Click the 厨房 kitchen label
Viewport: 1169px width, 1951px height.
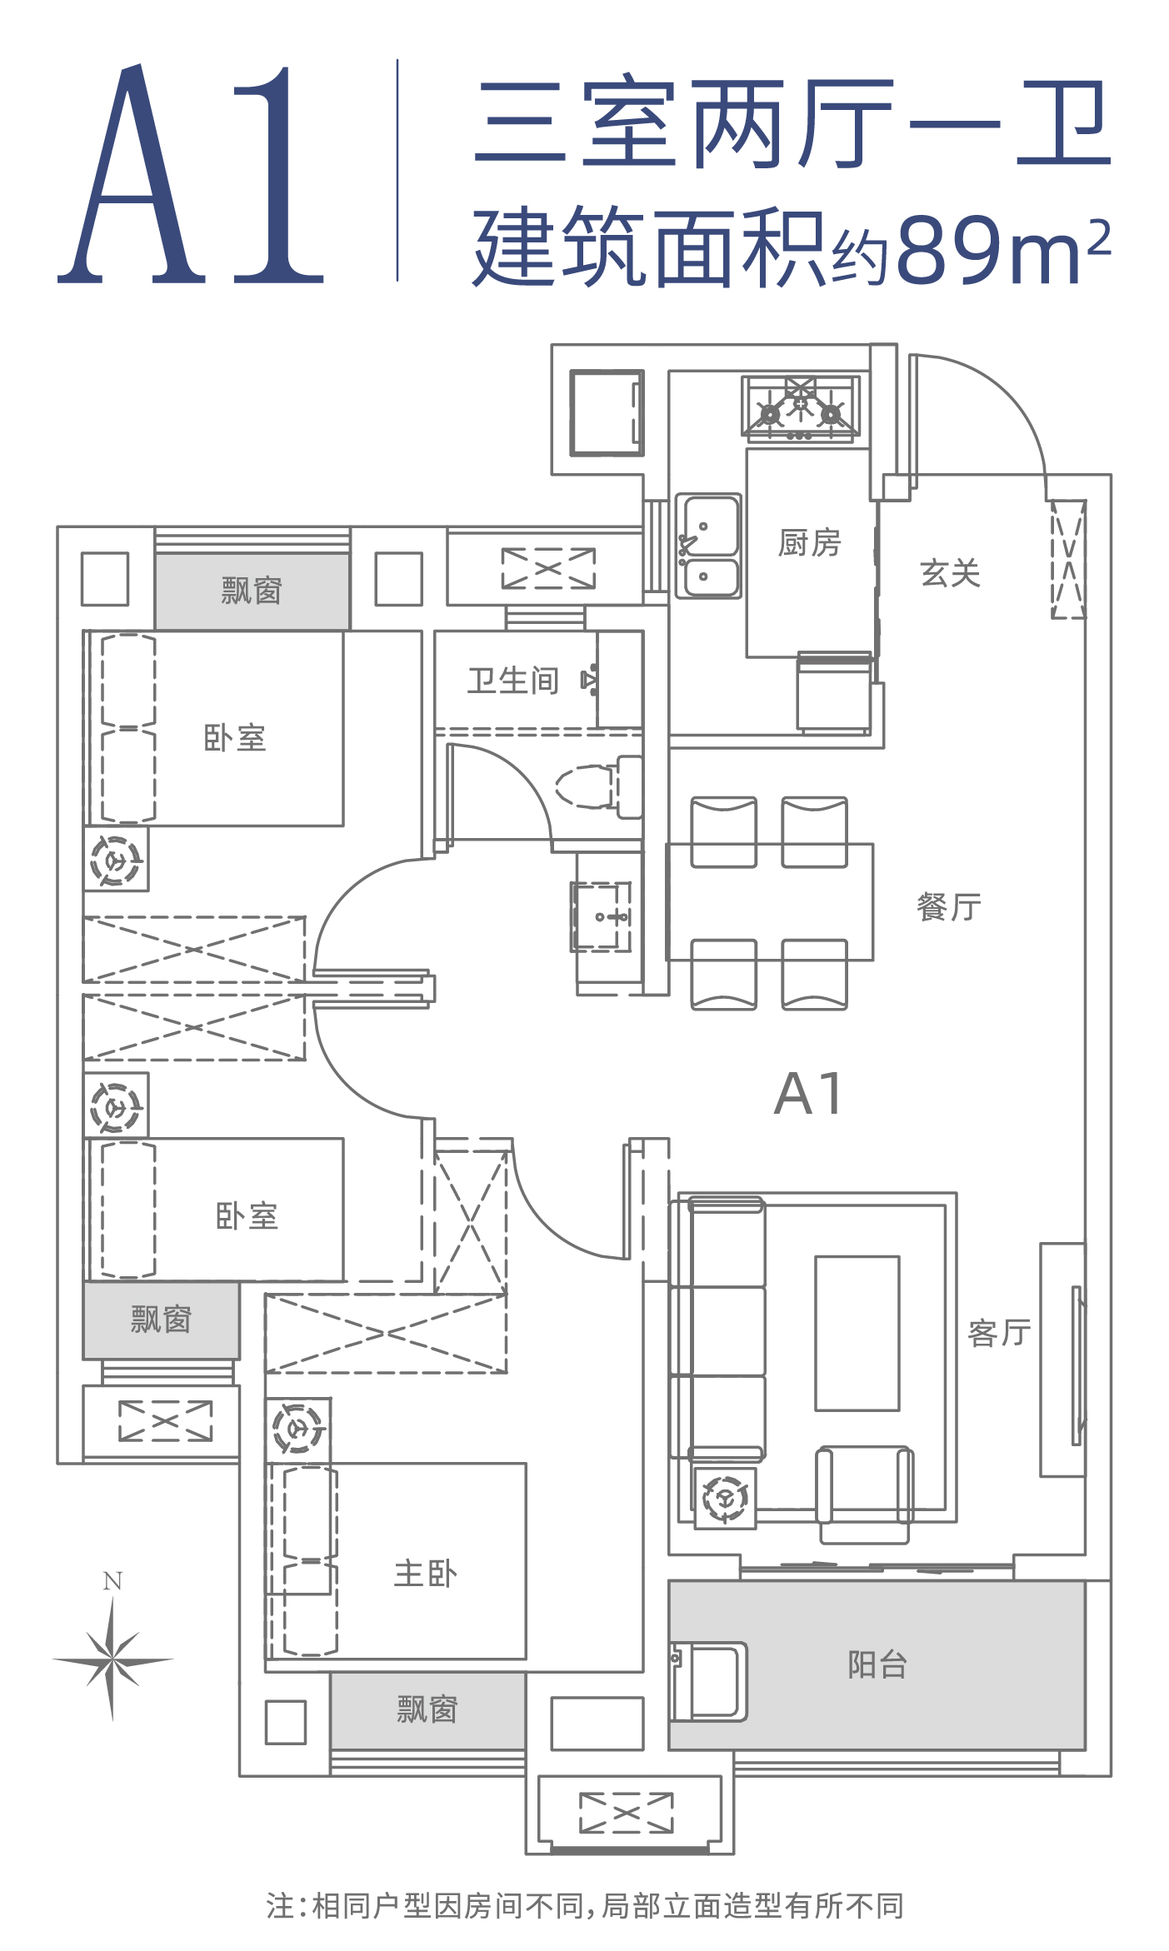click(x=809, y=543)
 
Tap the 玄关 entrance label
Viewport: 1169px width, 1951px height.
click(x=950, y=573)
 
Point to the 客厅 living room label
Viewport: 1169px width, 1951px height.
click(x=999, y=1333)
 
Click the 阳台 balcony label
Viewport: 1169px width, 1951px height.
click(x=877, y=1664)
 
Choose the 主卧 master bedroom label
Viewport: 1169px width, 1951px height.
click(x=425, y=1574)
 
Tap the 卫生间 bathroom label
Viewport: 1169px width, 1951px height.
click(x=512, y=681)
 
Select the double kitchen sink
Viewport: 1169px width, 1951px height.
click(x=708, y=546)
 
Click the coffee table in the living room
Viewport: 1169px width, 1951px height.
click(x=857, y=1333)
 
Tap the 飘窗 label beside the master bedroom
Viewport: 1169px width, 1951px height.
click(x=427, y=1709)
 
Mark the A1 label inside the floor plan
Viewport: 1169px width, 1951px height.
click(x=808, y=1093)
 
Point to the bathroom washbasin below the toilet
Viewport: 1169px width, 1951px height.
click(x=602, y=916)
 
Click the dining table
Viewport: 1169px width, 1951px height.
click(x=770, y=902)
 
